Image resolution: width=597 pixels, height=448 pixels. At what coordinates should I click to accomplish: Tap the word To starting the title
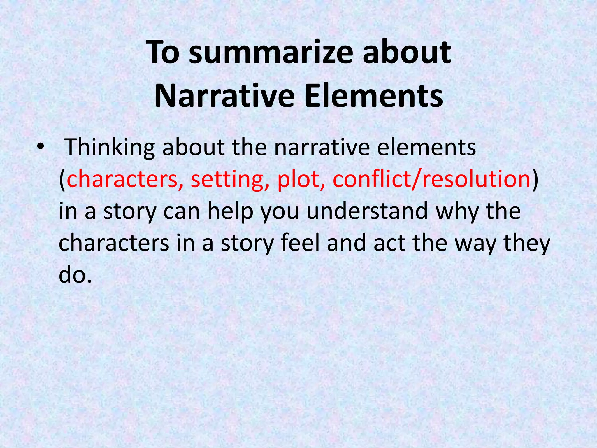click(x=163, y=52)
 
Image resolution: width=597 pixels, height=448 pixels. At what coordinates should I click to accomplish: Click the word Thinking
click(x=109, y=147)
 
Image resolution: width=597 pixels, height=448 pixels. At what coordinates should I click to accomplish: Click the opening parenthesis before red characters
click(x=62, y=179)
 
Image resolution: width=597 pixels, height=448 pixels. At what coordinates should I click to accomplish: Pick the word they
click(x=527, y=243)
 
